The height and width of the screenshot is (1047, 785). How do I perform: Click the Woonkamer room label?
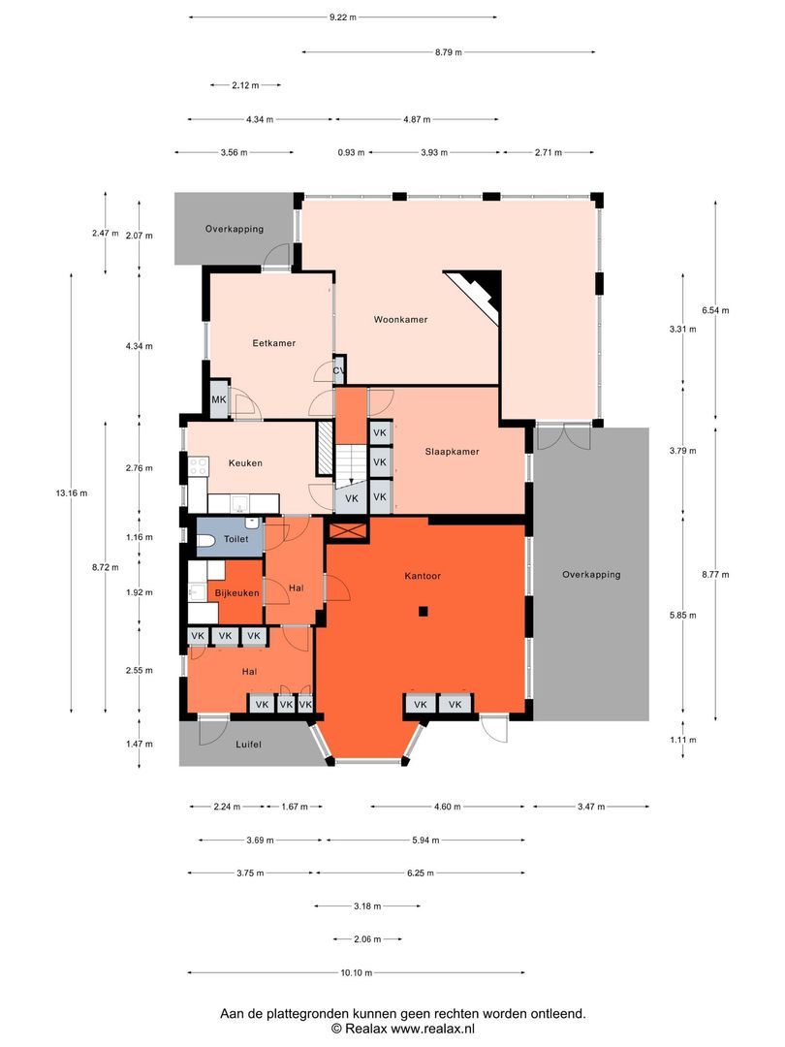(400, 319)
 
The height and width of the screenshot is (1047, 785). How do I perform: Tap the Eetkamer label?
(273, 343)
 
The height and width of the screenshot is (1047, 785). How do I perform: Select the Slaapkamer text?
(452, 451)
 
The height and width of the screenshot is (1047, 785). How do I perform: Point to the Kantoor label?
(423, 575)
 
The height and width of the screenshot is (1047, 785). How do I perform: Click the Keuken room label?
(245, 463)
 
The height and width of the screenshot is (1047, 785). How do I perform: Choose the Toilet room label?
(235, 539)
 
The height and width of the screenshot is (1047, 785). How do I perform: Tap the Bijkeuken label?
(236, 593)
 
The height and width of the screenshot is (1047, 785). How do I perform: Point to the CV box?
(339, 370)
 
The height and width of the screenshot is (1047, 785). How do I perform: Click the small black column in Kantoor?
(424, 611)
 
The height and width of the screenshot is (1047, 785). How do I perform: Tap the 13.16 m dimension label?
(71, 493)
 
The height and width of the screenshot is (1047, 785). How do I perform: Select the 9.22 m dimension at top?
(342, 16)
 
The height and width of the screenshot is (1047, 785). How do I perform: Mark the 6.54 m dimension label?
(715, 310)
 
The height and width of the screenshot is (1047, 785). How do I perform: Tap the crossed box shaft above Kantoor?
(349, 529)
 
